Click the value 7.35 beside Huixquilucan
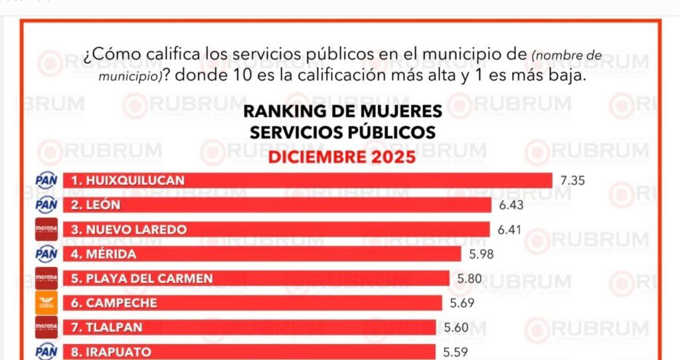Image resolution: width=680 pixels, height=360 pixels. click(x=572, y=181)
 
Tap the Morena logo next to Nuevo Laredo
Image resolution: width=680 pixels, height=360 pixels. click(x=46, y=230)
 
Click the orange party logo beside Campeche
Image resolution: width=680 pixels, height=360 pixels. click(x=46, y=304)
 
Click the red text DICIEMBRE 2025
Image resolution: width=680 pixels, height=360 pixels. click(x=342, y=157)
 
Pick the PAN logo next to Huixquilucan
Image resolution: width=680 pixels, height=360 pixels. click(x=46, y=181)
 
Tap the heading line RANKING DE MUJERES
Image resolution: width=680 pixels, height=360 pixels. click(x=342, y=110)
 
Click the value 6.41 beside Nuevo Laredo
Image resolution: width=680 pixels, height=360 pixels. click(x=509, y=230)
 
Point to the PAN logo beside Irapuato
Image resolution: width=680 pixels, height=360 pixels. click(x=46, y=351)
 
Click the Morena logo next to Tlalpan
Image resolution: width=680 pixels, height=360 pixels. click(x=46, y=327)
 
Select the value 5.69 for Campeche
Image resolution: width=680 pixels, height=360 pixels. click(x=462, y=304)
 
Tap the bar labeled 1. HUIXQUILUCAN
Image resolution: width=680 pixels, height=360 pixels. click(x=308, y=181)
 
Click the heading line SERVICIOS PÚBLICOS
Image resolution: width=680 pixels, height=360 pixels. click(x=342, y=132)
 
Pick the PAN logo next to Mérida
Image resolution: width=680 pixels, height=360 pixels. click(x=46, y=254)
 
